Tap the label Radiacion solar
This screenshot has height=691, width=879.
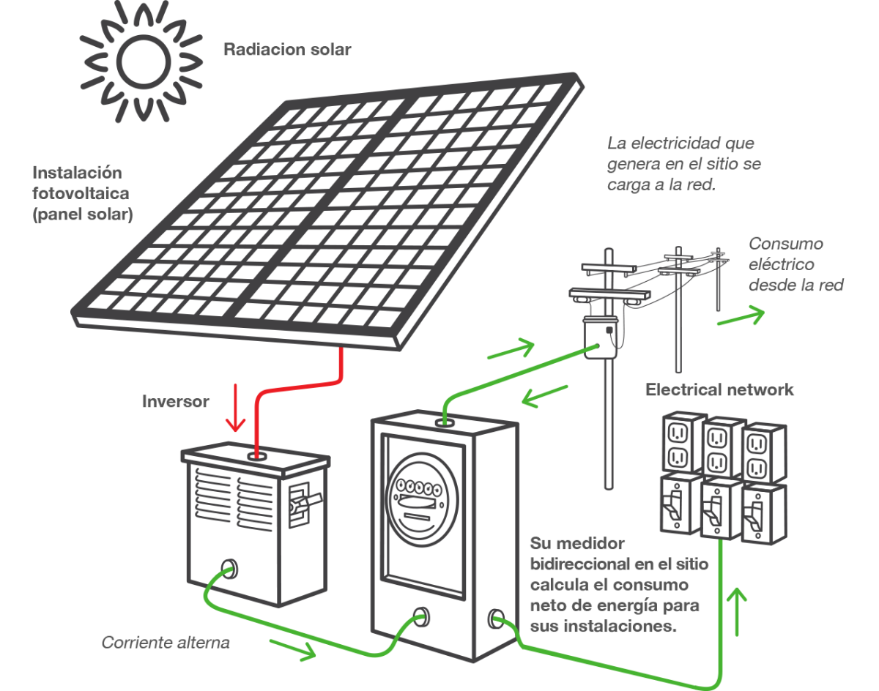pos(286,51)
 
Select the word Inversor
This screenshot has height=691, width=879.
pos(175,401)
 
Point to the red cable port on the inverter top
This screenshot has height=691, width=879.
pos(256,456)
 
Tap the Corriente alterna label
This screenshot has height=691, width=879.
pos(166,643)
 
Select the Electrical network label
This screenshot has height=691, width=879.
pos(719,389)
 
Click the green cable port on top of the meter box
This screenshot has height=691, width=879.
pos(443,422)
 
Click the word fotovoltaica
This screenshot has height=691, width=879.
pos(81,194)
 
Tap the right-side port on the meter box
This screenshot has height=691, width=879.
pos(494,619)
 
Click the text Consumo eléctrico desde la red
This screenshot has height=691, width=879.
pos(794,264)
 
